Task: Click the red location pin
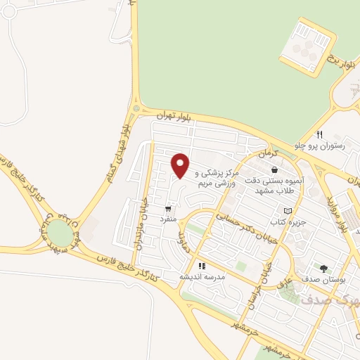181,165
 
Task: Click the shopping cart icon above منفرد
168,209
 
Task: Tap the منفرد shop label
168,220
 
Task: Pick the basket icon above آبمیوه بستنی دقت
274,169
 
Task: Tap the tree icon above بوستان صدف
323,268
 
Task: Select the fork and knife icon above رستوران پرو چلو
320,134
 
